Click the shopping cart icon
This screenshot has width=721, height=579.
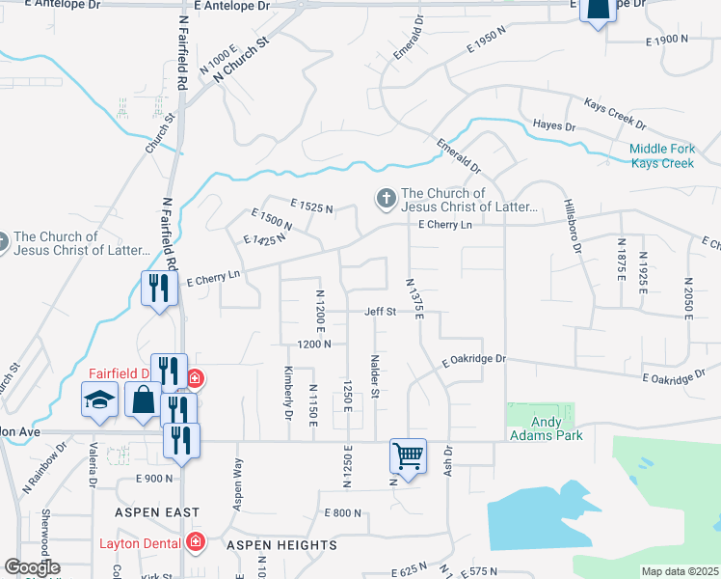click(x=409, y=455)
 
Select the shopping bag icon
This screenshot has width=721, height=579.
click(x=143, y=398)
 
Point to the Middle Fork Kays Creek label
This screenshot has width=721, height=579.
click(x=661, y=156)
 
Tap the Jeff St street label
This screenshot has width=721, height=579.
click(x=380, y=312)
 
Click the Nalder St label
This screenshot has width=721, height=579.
click(x=374, y=375)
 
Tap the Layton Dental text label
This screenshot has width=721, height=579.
click(x=141, y=542)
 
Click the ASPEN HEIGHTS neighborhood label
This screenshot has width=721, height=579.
click(x=281, y=545)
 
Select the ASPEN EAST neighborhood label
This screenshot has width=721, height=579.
click(x=155, y=512)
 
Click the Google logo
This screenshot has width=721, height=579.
click(x=31, y=568)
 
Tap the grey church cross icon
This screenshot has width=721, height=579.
click(x=385, y=199)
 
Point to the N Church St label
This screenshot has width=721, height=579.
click(x=240, y=60)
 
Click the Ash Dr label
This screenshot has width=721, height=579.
click(x=448, y=457)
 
